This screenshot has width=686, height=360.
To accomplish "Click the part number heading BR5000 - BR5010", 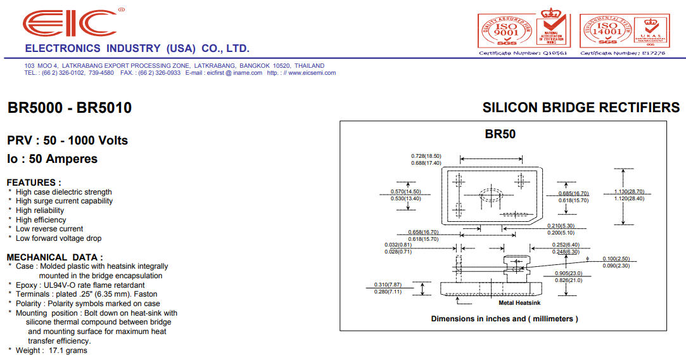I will [x=70, y=108].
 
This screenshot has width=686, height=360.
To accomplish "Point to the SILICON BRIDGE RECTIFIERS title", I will [x=581, y=108].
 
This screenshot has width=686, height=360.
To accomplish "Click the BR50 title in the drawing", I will [x=500, y=134].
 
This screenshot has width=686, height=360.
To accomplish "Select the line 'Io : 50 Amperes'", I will [x=52, y=159].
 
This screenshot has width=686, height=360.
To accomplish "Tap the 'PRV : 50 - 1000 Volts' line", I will [x=67, y=140].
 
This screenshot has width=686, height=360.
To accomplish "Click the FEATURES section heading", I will [x=34, y=183].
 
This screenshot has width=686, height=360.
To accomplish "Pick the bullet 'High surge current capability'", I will [x=64, y=201].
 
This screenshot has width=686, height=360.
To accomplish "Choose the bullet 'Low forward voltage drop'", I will [x=58, y=238].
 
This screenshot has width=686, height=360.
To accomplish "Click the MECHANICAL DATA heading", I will [x=54, y=257].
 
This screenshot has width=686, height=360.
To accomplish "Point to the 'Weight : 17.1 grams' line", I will [x=51, y=350].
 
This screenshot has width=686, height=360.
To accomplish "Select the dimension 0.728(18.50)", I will [x=426, y=156].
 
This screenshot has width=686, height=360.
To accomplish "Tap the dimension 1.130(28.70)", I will [x=629, y=191].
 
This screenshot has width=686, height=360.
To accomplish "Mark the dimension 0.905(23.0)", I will [x=569, y=273].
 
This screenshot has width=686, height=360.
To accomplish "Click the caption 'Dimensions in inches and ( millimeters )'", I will [x=504, y=319].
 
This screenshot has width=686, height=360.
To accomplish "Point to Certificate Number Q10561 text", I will [x=523, y=53].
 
